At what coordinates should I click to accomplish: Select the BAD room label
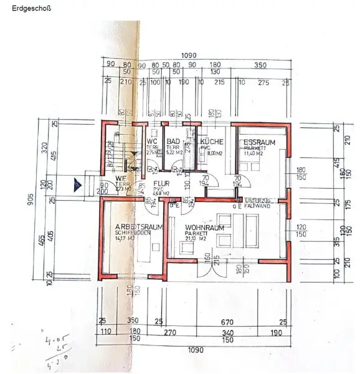tap(173, 141)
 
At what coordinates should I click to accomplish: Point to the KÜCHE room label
tap(212, 142)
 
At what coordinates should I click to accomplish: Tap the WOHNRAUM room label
tap(204, 228)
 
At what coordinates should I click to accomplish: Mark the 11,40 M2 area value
tap(253, 153)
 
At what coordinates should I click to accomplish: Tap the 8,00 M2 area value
tap(214, 153)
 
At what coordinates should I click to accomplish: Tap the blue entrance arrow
tap(76, 184)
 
